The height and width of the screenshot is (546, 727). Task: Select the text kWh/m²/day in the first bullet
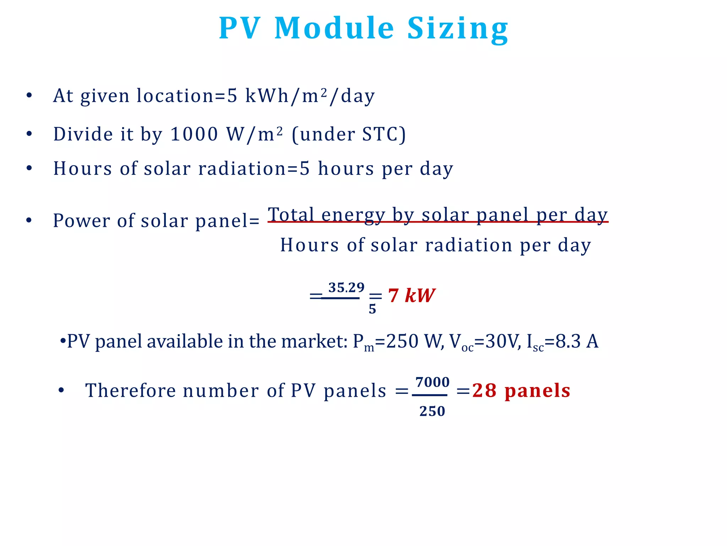(x=310, y=96)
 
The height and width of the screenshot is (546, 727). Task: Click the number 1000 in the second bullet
(x=194, y=134)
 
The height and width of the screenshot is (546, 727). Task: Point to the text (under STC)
(x=349, y=134)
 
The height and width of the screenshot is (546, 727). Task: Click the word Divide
(x=83, y=134)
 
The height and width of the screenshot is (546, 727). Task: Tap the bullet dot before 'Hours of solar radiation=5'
(x=29, y=168)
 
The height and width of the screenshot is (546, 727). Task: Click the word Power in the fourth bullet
(x=81, y=221)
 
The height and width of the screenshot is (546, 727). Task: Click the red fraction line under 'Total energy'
(x=438, y=222)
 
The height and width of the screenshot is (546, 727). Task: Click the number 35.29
(x=346, y=288)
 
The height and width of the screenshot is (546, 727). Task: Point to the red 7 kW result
(x=411, y=296)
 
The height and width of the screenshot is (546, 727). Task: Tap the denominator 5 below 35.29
(x=372, y=309)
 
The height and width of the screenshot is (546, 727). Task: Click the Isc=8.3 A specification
(x=563, y=342)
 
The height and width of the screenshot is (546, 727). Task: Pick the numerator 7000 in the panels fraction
(x=432, y=382)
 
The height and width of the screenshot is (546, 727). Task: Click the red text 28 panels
(x=521, y=391)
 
